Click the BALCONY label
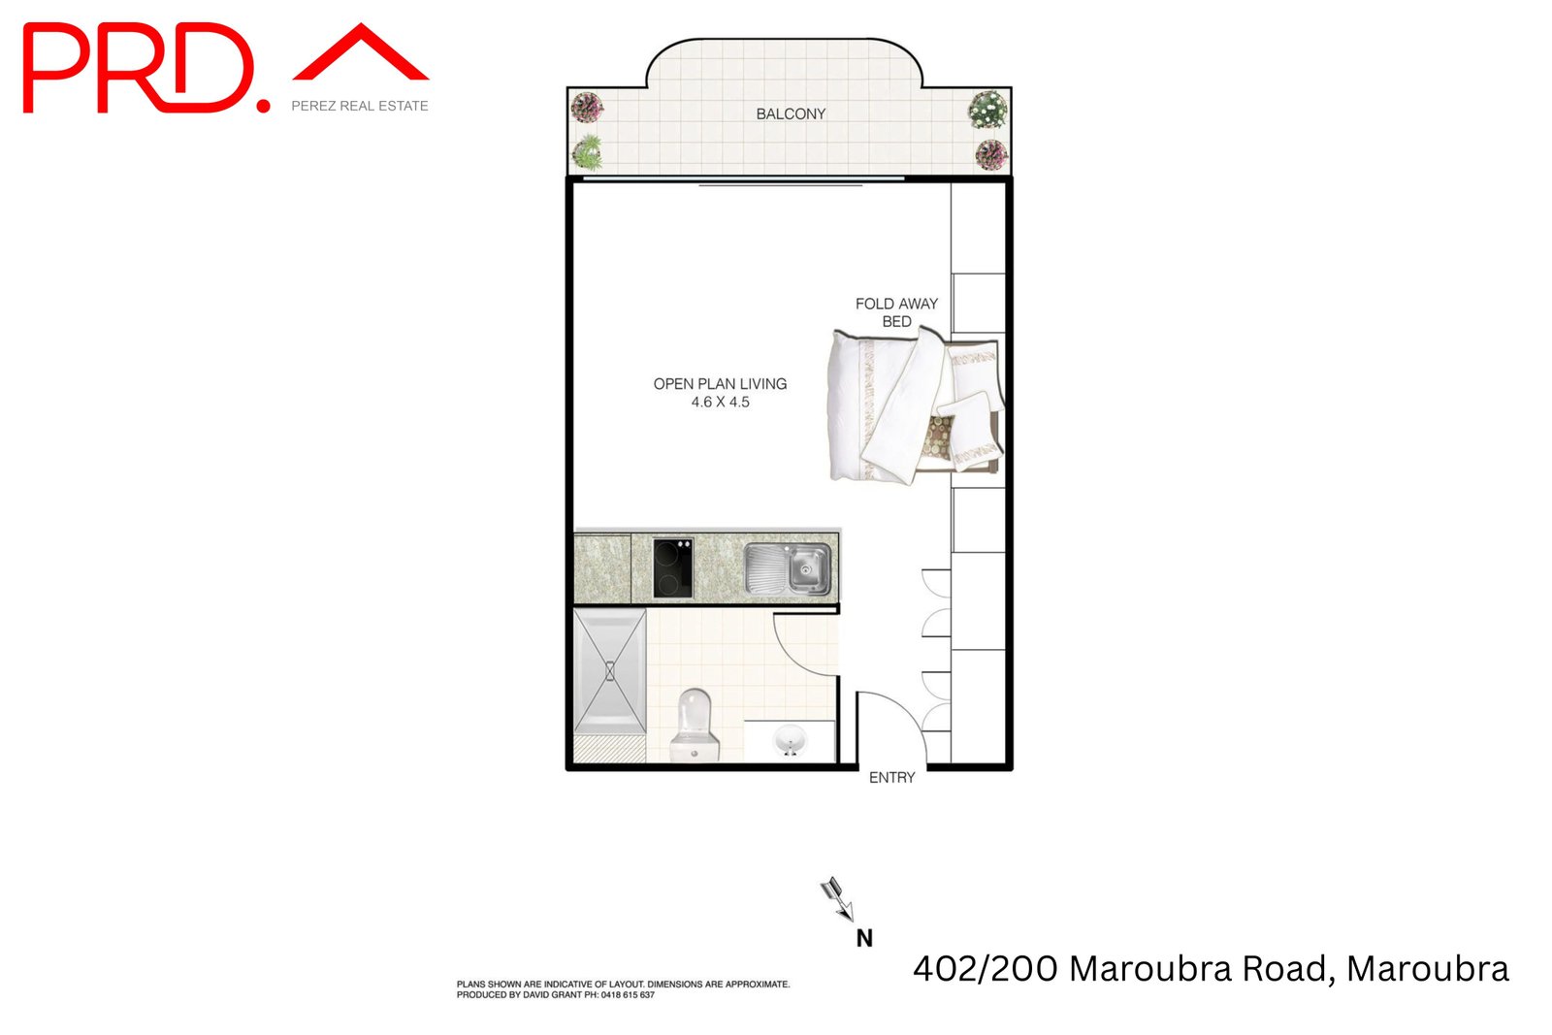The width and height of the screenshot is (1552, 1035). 791,113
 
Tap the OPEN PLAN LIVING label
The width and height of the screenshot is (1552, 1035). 720,384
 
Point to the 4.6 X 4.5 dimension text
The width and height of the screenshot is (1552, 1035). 720,402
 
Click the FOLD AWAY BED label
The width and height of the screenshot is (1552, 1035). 896,312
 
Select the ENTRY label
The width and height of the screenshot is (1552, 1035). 891,777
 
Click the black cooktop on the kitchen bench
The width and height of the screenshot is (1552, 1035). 672,567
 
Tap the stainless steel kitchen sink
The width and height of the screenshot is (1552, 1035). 788,568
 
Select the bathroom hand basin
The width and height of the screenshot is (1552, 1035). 790,742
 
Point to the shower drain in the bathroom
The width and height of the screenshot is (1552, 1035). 609,670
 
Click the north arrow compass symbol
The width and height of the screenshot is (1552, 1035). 837,897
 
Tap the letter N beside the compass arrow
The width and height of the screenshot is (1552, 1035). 864,938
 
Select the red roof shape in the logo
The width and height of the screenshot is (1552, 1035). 361,53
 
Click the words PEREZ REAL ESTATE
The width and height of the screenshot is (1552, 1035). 360,106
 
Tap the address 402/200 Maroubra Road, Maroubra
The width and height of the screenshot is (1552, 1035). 1211,968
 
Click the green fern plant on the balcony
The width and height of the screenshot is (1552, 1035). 587,151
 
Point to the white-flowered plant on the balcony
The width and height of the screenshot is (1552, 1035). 987,109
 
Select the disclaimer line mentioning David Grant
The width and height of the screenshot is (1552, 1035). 556,995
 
